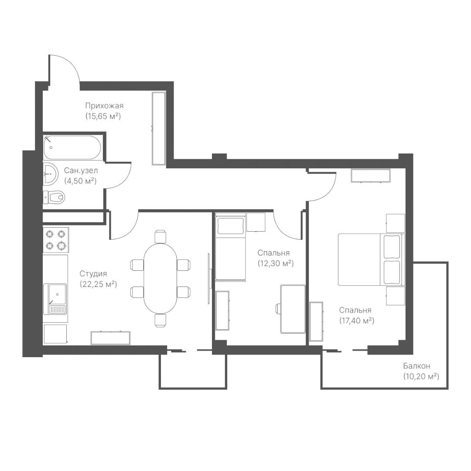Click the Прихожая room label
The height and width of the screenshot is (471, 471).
click(104, 106)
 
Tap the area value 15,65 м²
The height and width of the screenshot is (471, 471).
click(103, 116)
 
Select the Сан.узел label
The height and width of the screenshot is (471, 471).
click(81, 171)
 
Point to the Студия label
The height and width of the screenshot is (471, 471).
click(93, 273)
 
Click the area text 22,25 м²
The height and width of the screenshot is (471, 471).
click(98, 284)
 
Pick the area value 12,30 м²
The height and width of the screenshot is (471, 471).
click(276, 263)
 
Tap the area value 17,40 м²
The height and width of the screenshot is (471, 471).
click(357, 321)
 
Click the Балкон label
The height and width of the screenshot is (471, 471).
click(416, 366)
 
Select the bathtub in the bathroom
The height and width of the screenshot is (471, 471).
click(72, 147)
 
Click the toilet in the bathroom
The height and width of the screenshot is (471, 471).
click(54, 197)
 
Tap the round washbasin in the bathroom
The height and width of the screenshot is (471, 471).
click(50, 173)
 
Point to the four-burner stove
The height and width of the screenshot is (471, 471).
click(56, 240)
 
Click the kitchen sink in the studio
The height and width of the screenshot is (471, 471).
click(55, 299)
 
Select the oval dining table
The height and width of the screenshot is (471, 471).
click(160, 278)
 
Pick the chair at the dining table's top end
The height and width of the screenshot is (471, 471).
click(160, 236)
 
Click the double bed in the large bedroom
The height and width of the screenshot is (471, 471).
click(372, 259)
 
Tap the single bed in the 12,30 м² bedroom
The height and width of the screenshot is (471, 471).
click(231, 247)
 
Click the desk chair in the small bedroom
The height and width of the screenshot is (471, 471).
click(278, 309)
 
